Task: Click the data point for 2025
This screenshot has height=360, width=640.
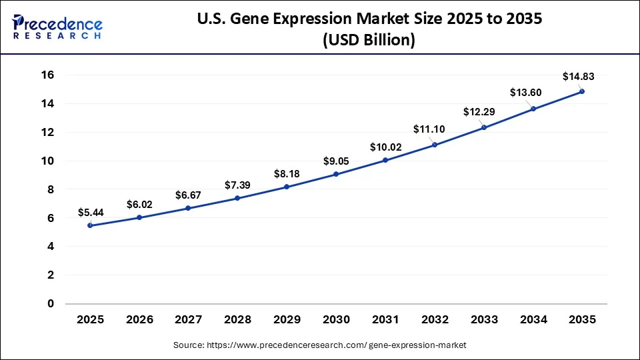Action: coord(90,225)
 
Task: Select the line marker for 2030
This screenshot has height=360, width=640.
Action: coord(336,174)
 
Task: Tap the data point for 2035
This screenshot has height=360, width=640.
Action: coord(582,91)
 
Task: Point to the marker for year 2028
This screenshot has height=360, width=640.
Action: coord(237,198)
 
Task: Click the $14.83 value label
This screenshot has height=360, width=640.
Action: coord(575,77)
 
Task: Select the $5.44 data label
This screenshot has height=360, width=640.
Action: coord(90,213)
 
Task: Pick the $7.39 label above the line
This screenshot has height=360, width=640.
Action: coord(237,183)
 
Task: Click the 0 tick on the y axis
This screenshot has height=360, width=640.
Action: coord(50,304)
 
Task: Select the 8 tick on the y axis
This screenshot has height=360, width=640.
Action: coord(50,190)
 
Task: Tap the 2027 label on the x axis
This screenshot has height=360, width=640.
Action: coord(188,320)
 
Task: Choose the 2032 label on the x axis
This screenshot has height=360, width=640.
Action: coord(434,320)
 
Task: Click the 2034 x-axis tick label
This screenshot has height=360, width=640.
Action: coord(533,320)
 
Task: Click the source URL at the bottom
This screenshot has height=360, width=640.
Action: coord(320,345)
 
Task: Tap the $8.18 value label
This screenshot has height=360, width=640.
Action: coord(287,173)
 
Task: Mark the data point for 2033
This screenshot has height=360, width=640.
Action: coord(483,127)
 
